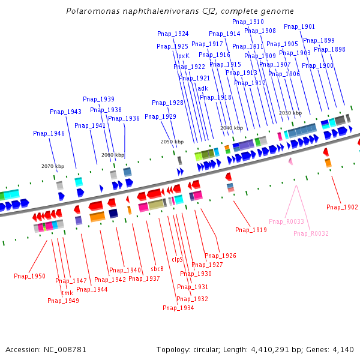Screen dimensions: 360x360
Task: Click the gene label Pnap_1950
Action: [x=29, y=276]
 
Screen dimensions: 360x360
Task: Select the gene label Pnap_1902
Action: [x=342, y=207]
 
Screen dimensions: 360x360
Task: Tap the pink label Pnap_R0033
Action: [x=286, y=222]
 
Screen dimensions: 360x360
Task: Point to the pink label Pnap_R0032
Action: [x=311, y=233]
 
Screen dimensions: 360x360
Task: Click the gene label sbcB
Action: [x=157, y=269]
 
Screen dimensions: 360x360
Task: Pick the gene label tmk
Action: [x=67, y=293]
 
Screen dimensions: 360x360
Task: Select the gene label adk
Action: [x=203, y=88]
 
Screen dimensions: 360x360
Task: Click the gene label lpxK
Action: [x=183, y=56]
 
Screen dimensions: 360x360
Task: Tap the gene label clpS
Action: [x=178, y=259]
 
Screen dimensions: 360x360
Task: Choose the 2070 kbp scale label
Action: [x=53, y=166]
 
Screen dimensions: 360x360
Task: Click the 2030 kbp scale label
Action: [x=290, y=113]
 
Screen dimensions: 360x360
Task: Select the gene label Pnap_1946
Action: [x=49, y=133]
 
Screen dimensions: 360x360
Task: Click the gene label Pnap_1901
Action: [x=299, y=26]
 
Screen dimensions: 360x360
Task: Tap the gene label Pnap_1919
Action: [x=251, y=230]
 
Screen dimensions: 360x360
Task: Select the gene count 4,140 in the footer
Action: [x=343, y=349]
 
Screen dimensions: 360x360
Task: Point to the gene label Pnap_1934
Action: [x=178, y=308]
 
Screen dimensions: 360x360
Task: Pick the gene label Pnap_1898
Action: [x=329, y=50]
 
